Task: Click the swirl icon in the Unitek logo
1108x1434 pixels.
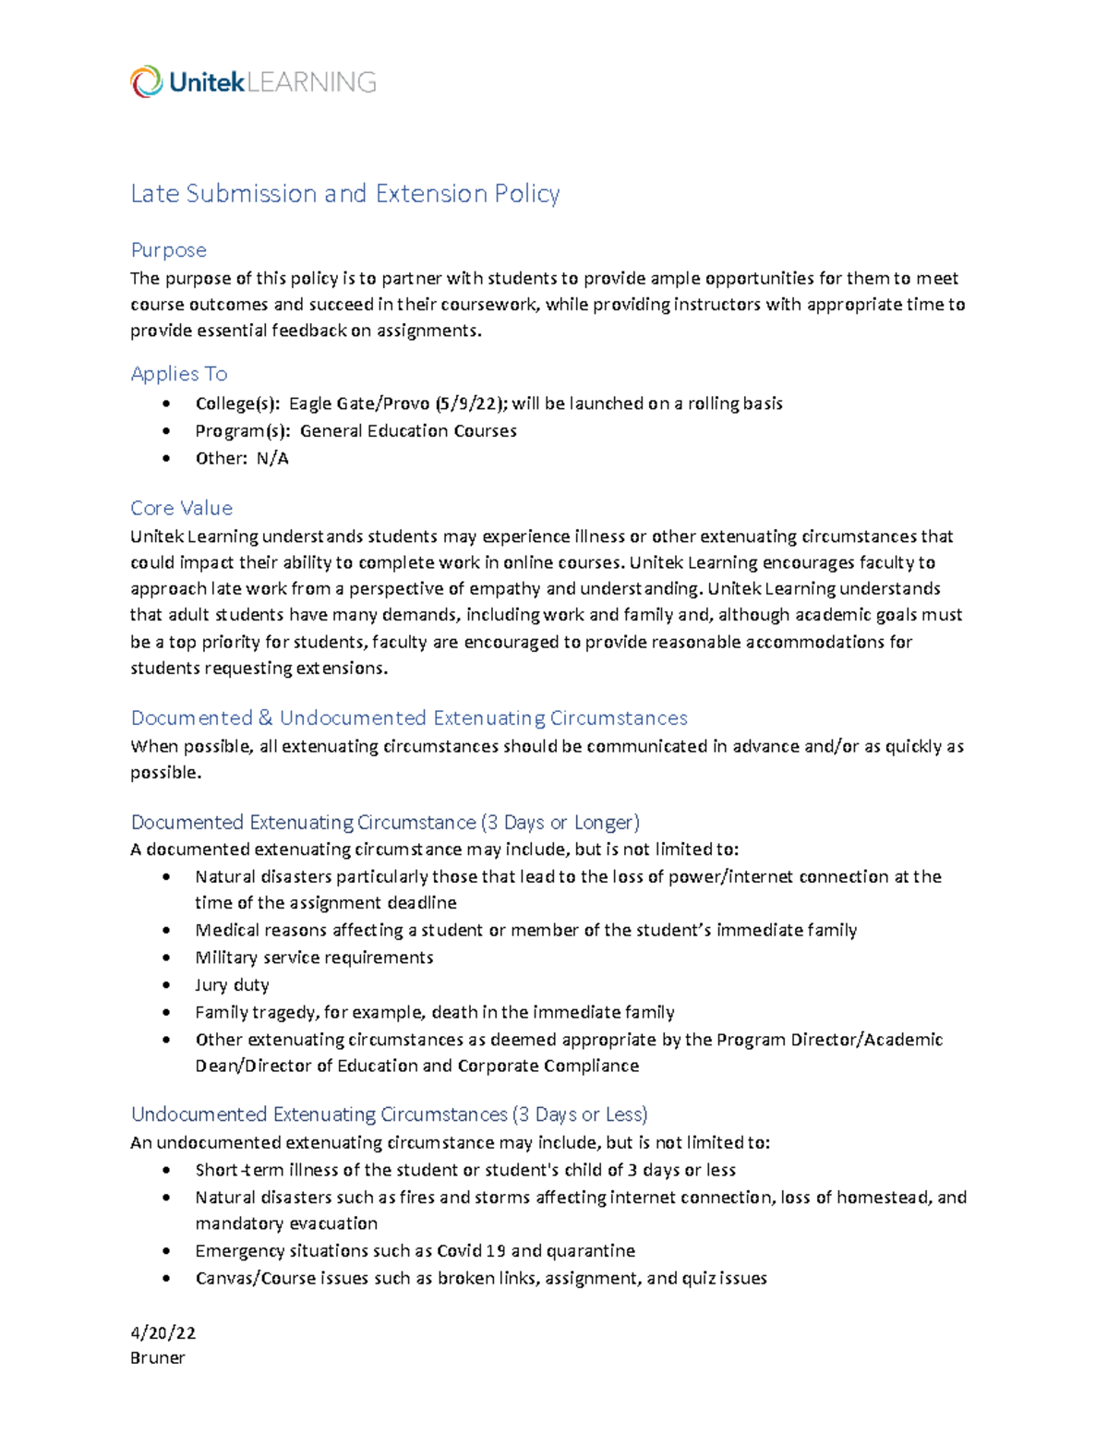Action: [146, 82]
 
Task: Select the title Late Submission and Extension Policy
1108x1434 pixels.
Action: [344, 194]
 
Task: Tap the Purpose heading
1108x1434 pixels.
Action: [168, 250]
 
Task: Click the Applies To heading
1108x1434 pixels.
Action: [178, 374]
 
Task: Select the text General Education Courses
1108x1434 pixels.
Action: [408, 431]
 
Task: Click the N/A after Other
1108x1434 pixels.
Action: [272, 459]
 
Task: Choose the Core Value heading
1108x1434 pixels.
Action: [181, 508]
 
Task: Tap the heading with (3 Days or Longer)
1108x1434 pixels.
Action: [385, 823]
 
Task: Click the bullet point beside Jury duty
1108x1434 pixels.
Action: [166, 985]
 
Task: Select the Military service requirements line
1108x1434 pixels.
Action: [314, 958]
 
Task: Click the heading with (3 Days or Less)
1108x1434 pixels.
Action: [389, 1115]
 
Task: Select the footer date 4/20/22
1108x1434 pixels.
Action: [163, 1332]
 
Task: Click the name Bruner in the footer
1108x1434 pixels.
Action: [157, 1358]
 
